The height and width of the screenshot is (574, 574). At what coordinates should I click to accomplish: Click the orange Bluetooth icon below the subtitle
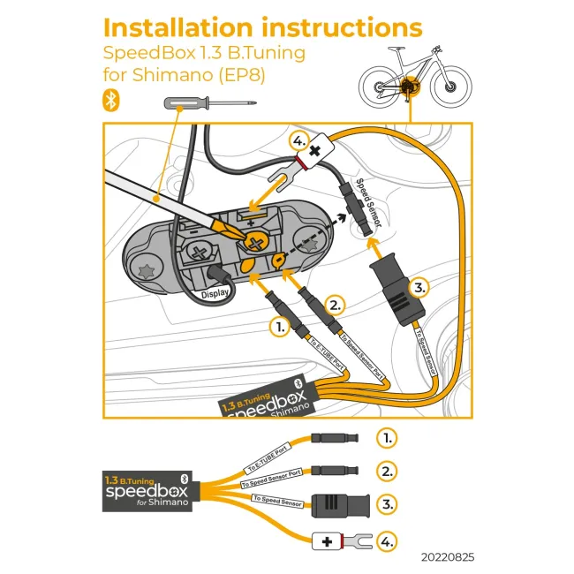[x=111, y=101]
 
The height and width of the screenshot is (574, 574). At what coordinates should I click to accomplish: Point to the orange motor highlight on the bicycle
[x=408, y=86]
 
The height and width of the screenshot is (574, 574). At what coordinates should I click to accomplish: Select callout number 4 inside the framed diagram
[x=299, y=141]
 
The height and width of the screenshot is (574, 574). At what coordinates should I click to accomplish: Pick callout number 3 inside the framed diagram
[x=421, y=287]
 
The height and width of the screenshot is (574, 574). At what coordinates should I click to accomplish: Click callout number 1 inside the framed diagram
[x=280, y=326]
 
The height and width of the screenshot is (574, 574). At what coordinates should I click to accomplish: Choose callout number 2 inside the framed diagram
[x=335, y=306]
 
